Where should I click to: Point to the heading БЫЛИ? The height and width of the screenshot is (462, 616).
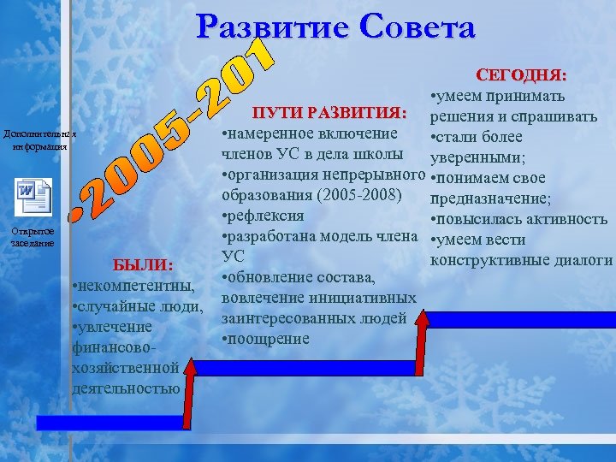click(143, 264)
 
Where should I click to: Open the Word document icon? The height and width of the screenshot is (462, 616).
click(33, 198)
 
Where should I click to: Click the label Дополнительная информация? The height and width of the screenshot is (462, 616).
click(39, 140)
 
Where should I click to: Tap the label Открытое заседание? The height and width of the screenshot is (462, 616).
click(33, 237)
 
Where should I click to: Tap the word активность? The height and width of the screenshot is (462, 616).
click(560, 219)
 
